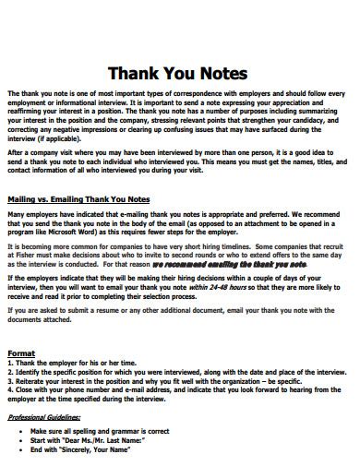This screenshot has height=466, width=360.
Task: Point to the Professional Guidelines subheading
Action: point(46,418)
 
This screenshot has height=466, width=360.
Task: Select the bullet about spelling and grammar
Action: point(102,431)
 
